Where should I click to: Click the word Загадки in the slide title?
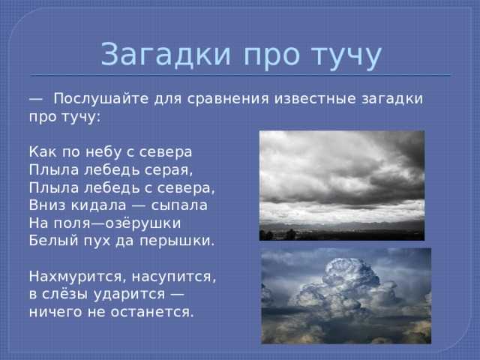pyautogui.click(x=166, y=55)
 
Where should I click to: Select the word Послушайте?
pyautogui.click(x=101, y=98)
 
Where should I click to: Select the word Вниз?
pyautogui.click(x=47, y=205)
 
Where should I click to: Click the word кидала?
pyautogui.click(x=98, y=205)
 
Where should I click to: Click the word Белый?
pyautogui.click(x=54, y=241)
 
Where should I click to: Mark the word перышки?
pyautogui.click(x=177, y=241)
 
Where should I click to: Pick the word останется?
pyautogui.click(x=152, y=313)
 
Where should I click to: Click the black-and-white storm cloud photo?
pyautogui.click(x=342, y=185)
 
